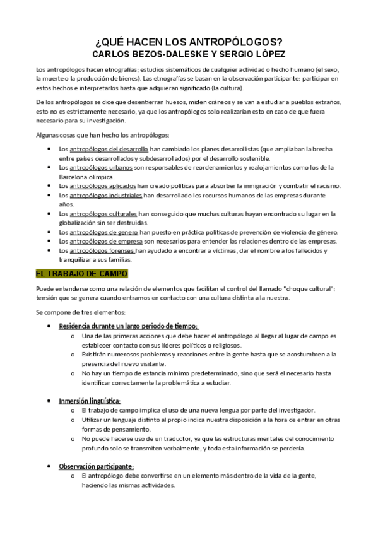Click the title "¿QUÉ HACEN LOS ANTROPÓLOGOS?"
[x=189, y=42]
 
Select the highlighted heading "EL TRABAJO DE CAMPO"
[x=82, y=274]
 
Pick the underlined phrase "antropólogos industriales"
[x=104, y=196]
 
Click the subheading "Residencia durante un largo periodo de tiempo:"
[x=128, y=326]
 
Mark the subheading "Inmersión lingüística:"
[x=90, y=401]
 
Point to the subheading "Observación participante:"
[x=96, y=466]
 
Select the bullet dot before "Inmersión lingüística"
[x=50, y=401]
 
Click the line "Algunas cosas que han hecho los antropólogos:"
[x=104, y=135]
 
